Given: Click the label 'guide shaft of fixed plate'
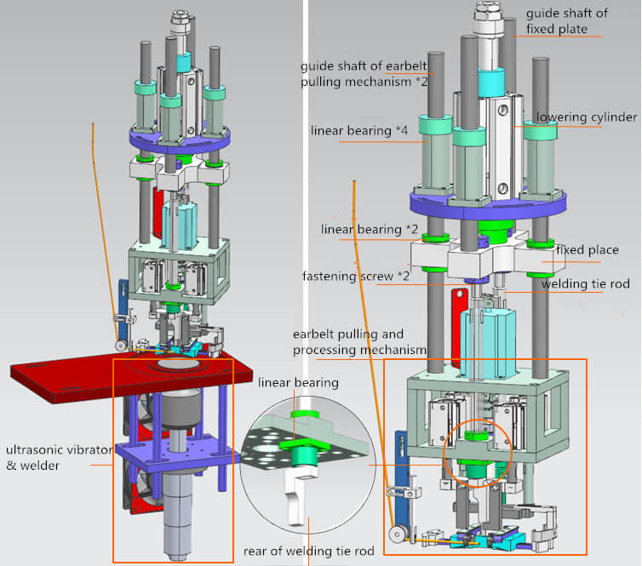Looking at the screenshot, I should coord(562,21).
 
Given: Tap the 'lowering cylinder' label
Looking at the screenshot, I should coord(585,117).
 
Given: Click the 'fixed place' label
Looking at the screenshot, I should coord(587,250).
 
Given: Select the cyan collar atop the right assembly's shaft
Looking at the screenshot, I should coord(492,83).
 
